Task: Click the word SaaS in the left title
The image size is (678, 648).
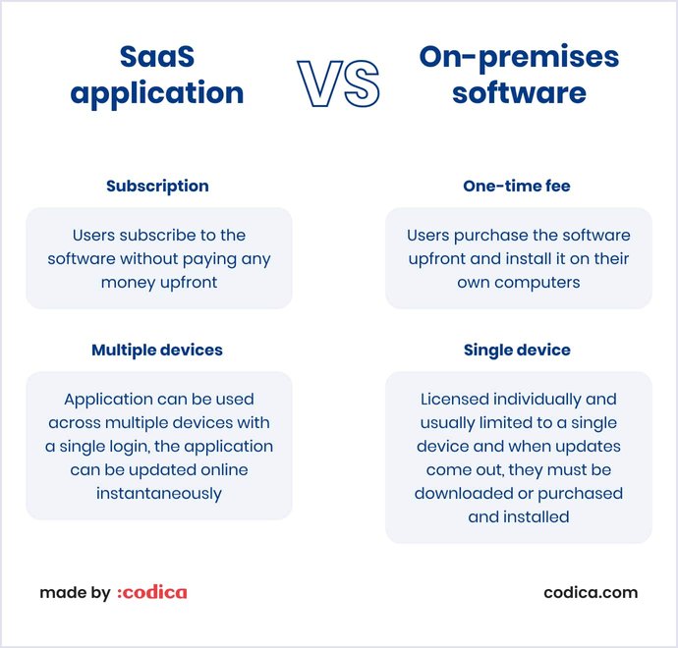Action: click(157, 57)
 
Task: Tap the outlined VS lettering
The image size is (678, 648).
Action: click(339, 83)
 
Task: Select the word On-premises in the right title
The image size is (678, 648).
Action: click(519, 57)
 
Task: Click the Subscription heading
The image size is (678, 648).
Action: click(157, 186)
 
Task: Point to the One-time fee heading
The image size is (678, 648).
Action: click(517, 186)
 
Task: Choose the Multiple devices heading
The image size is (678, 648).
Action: click(157, 350)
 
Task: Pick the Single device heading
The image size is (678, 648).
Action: click(517, 350)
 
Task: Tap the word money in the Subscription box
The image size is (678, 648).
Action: click(127, 283)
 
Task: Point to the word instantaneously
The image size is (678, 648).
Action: click(158, 494)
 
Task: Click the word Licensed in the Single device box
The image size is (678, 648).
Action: click(455, 400)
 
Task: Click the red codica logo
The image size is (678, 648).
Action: click(151, 593)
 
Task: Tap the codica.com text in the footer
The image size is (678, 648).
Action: click(591, 593)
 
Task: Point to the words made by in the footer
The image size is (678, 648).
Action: click(75, 593)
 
